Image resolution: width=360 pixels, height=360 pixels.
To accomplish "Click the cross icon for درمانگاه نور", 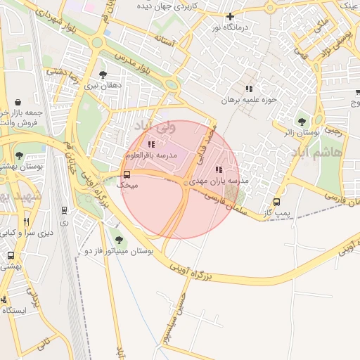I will click(230, 16).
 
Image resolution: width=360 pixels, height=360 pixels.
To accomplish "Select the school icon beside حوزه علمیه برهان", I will click(248, 89).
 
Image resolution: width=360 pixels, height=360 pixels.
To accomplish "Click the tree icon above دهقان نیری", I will click(103, 74).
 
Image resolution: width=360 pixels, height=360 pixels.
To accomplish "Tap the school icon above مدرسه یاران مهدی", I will click(219, 169).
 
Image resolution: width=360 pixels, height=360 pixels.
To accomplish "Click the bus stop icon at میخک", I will click(127, 174).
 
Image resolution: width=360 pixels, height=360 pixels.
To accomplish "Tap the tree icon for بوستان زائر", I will click(302, 121).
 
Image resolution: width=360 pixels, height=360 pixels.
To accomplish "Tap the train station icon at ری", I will click(65, 210).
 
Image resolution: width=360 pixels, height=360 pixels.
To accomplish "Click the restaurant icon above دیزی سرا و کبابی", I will click(27, 221).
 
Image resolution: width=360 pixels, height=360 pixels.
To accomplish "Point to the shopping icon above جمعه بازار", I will click(18, 101).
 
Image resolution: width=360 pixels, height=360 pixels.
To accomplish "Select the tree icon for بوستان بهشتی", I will click(19, 155).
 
